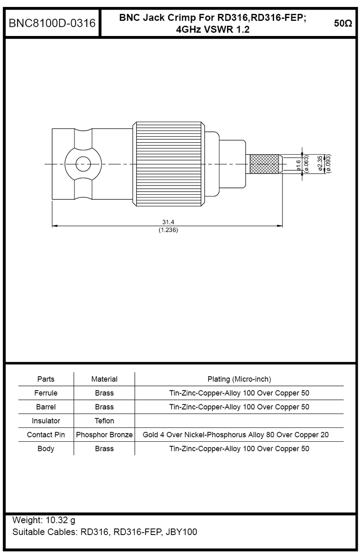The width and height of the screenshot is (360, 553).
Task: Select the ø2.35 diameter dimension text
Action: (320, 164)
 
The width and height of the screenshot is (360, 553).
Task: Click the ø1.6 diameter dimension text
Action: (299, 164)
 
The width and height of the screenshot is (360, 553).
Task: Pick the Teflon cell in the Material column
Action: (104, 421)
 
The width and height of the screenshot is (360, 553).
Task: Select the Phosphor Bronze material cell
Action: (104, 434)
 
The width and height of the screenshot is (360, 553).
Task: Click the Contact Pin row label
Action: (46, 434)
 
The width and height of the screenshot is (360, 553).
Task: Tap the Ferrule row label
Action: (46, 393)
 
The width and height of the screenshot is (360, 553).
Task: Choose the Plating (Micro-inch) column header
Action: (239, 379)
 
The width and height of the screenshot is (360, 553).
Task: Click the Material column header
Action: (104, 379)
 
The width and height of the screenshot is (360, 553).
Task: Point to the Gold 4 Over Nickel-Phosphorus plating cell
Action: (239, 434)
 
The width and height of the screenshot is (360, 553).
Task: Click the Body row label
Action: (46, 448)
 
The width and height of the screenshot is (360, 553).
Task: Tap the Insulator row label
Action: (46, 421)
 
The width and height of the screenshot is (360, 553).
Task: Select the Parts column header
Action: (46, 379)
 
